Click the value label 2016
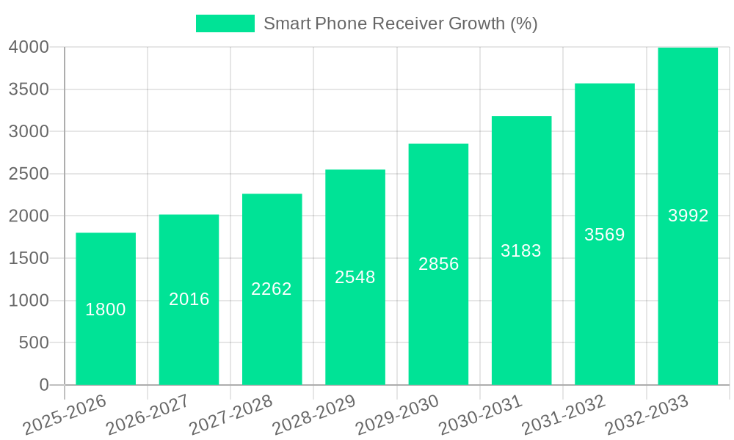189,299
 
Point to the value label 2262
272,289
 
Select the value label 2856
439,264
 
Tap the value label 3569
605,235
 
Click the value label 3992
688,216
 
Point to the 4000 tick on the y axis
29,48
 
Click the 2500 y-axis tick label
29,174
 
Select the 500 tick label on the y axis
34,342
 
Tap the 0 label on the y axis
44,385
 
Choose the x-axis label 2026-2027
148,414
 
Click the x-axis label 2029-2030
397,414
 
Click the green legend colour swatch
225,23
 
